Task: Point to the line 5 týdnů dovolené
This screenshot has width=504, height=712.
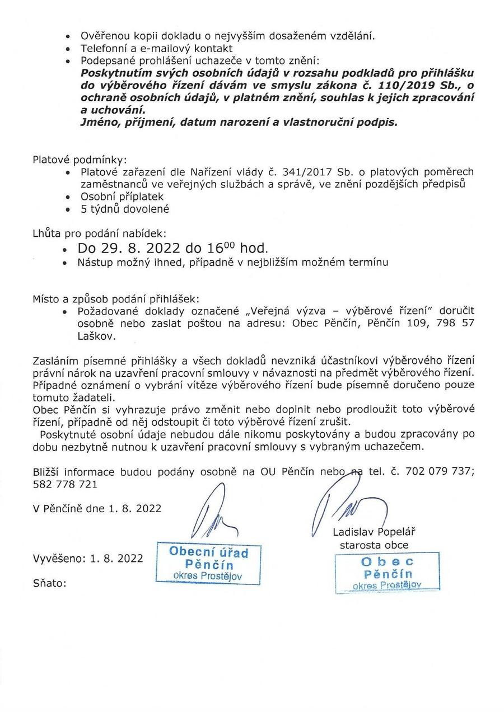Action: coord(125,209)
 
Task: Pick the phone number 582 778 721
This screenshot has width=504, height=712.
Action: coord(66,484)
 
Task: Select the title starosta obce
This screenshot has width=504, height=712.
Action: coord(374,545)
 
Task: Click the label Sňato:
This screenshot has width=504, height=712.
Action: coord(49,583)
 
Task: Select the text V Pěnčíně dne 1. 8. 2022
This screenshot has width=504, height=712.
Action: coord(97,508)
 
